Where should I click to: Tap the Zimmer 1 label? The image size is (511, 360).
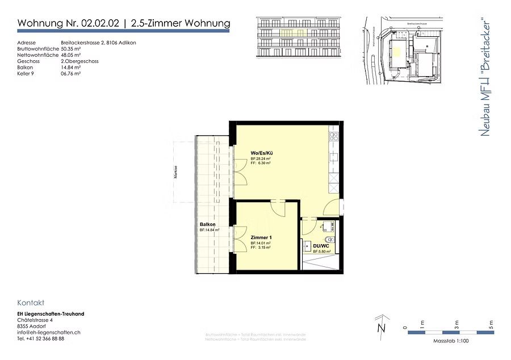coord(259,237)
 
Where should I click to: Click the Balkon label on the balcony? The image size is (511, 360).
coord(208,225)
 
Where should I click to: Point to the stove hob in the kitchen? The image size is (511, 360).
coord(334,136)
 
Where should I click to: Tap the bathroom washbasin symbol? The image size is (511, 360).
coord(307,247)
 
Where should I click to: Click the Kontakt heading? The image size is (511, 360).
coord(31,303)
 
